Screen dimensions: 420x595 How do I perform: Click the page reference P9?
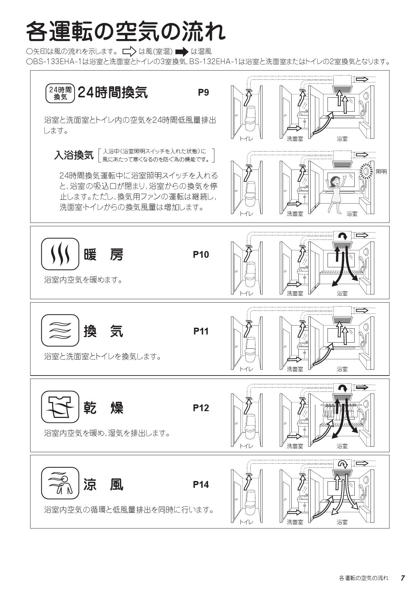coord(203,92)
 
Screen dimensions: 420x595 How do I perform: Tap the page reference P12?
coord(201,408)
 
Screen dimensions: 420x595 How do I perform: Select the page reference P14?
coord(201,484)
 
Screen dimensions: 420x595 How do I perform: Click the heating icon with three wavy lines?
coord(60,254)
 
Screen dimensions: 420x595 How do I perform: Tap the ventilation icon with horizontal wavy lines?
coord(60,330)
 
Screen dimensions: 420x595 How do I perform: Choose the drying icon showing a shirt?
coord(60,407)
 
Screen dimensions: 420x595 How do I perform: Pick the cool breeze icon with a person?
coord(60,483)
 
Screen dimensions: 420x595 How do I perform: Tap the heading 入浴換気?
coord(73,155)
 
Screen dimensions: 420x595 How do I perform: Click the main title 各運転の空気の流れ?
coord(126,32)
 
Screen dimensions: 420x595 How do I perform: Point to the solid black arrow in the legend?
coord(182,52)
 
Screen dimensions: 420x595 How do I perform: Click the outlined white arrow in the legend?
coord(129,52)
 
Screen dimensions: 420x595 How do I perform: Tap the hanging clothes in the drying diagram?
coord(342,411)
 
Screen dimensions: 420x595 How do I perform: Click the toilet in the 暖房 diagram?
coord(250,275)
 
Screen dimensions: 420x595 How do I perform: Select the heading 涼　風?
coord(103,484)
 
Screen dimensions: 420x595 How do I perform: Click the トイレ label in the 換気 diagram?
coord(246,369)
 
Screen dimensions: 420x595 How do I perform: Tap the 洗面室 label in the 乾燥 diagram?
coord(295,446)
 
